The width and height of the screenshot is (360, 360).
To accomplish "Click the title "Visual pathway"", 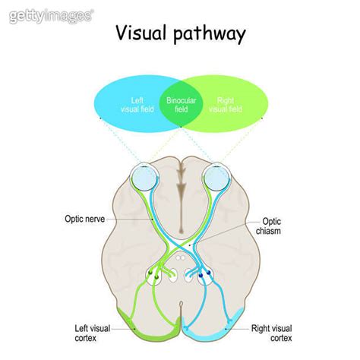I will point(180,33).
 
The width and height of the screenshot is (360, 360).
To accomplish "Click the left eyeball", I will point(141,179).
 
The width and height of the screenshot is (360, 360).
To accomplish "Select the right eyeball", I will point(218,179).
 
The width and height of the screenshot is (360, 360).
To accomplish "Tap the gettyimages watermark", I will point(49,14).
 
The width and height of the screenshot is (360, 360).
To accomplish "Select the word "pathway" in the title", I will point(208,35).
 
